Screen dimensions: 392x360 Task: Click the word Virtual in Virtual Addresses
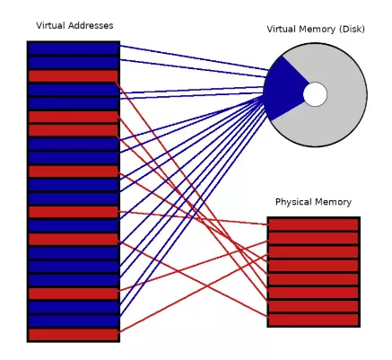click(51, 25)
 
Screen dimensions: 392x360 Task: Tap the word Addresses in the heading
click(91, 25)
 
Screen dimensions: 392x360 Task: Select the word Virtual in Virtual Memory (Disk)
click(282, 30)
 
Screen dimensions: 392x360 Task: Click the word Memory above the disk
click(318, 30)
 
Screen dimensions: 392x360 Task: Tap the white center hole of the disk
click(315, 94)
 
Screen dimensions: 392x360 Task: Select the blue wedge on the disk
click(284, 89)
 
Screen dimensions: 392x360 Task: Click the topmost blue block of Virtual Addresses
click(74, 48)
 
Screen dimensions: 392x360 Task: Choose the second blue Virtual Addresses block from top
click(74, 63)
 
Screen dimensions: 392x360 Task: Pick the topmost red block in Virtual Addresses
click(74, 76)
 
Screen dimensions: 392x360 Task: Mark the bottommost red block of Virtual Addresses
click(74, 335)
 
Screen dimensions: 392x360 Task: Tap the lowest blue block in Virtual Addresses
click(74, 321)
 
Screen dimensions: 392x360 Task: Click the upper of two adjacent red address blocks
click(74, 117)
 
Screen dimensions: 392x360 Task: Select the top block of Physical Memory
click(314, 224)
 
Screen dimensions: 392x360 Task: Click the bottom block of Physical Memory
click(314, 320)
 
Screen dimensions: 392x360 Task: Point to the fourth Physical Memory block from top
click(314, 266)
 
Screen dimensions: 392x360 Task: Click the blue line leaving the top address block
click(194, 57)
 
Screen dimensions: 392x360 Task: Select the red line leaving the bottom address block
click(194, 294)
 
